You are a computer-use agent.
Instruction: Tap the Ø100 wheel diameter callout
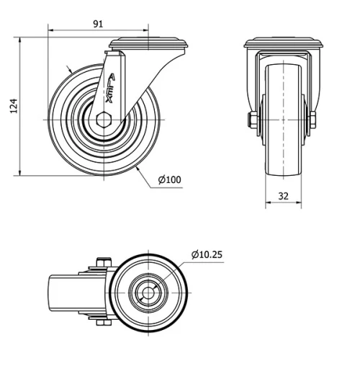pos(169,179)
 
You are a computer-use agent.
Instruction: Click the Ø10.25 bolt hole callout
pos(207,254)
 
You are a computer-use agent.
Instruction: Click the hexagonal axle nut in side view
pos(104,119)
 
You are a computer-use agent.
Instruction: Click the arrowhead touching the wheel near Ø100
pos(136,168)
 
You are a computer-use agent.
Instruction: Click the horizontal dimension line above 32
pos(282,202)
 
